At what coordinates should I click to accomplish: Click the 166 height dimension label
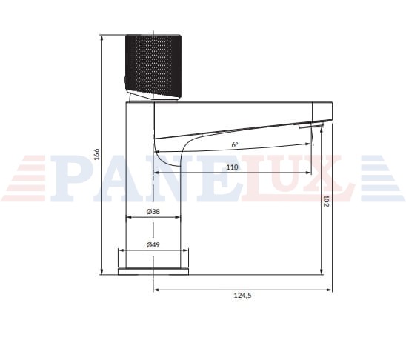point(96,154)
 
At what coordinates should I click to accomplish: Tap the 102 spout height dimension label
point(326,201)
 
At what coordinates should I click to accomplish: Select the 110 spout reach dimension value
point(232,167)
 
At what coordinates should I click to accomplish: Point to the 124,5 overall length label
point(242,295)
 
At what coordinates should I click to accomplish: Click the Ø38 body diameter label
point(153,211)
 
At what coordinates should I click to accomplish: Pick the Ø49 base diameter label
point(153,244)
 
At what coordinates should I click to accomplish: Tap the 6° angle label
point(235,144)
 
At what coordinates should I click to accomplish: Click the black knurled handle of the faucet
point(153,67)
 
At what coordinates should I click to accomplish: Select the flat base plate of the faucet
point(153,272)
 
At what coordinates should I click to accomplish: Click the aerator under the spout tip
point(311,126)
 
